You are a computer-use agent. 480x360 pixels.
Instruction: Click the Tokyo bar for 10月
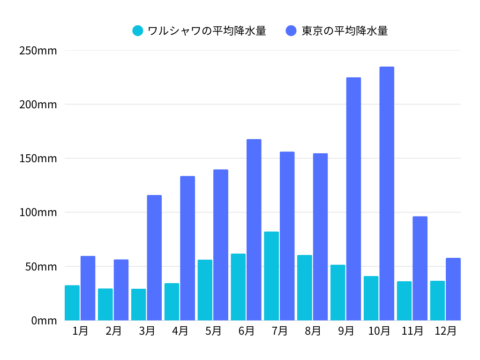click(x=387, y=194)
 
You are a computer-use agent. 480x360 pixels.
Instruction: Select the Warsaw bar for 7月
click(x=271, y=276)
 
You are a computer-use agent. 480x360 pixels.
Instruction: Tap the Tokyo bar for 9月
click(x=353, y=199)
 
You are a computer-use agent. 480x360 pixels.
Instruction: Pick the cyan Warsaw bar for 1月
click(x=72, y=303)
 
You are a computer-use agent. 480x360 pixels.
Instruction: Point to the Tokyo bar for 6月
click(x=254, y=230)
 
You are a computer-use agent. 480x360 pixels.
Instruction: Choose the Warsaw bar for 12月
click(x=437, y=300)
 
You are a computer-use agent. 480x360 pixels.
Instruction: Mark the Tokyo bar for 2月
click(x=121, y=290)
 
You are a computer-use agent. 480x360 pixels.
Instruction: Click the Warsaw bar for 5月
click(x=205, y=290)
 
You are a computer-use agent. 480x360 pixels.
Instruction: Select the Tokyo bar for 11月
click(x=420, y=268)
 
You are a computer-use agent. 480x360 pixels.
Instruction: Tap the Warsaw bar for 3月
click(x=138, y=305)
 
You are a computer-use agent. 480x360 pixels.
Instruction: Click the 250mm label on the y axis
click(x=38, y=51)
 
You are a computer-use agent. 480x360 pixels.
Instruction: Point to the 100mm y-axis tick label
click(x=38, y=212)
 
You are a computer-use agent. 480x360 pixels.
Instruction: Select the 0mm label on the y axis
click(x=44, y=321)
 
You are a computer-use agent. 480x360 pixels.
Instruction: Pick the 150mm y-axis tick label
click(x=38, y=158)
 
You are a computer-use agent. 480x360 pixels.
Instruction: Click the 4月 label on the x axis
click(x=180, y=331)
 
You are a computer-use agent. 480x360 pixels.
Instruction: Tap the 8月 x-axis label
click(x=313, y=331)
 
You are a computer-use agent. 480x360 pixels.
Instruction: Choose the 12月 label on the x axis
click(x=445, y=331)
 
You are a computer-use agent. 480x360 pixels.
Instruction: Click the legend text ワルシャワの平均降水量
click(x=207, y=31)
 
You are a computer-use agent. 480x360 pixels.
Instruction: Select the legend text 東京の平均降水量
click(x=345, y=31)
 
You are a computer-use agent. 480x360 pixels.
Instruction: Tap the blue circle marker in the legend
click(x=291, y=31)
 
